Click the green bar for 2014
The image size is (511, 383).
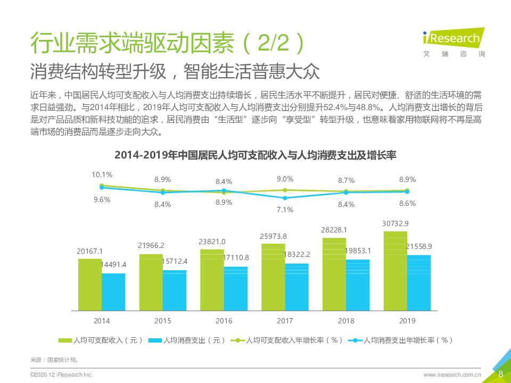tap(90, 285)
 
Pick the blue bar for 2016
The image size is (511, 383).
tap(236, 288)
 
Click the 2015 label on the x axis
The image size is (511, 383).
tap(163, 321)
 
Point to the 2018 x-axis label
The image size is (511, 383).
tap(346, 321)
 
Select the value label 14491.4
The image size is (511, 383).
tap(113, 264)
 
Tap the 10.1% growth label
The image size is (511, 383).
tap(102, 174)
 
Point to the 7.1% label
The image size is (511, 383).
tap(285, 210)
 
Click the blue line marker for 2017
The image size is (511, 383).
tap(285, 198)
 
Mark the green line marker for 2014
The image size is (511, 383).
tap(102, 185)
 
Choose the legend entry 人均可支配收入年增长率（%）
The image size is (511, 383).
tap(287, 340)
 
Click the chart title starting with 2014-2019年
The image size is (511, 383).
tap(256, 156)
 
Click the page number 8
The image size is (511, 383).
tap(500, 374)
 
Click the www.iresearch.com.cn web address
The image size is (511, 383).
tap(452, 375)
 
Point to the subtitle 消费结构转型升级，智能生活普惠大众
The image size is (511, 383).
tap(182, 71)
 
